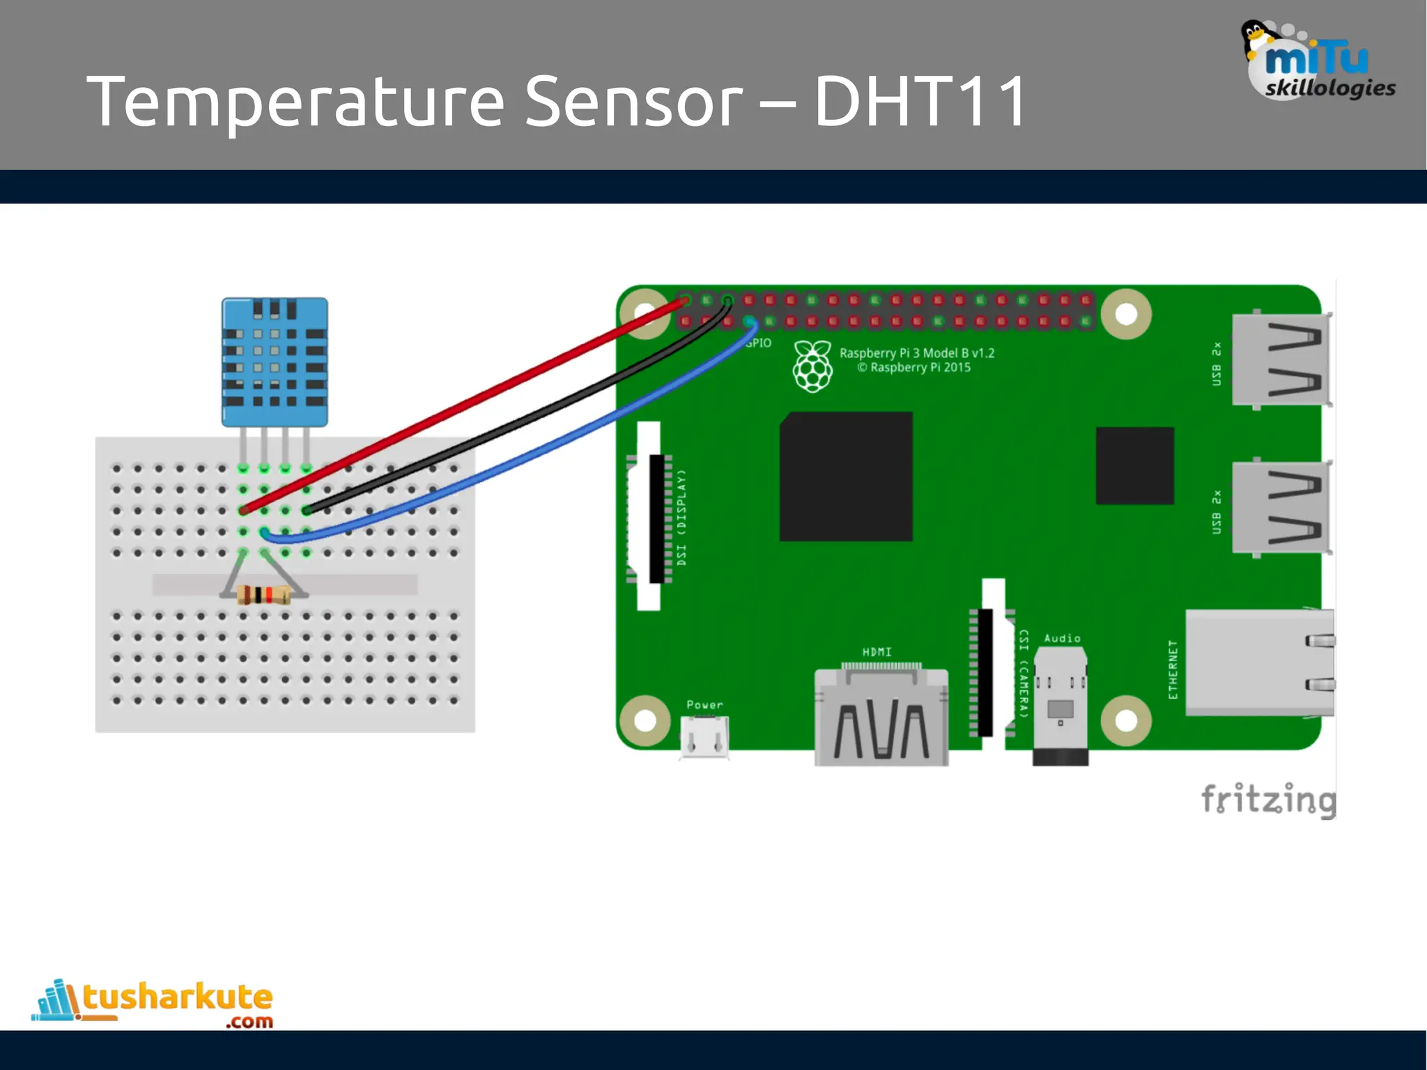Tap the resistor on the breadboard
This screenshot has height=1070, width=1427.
[x=263, y=595]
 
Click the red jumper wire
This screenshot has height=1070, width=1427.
[x=460, y=404]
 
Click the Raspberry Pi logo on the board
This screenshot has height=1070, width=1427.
[x=812, y=366]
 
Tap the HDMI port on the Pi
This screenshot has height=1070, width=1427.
[x=881, y=718]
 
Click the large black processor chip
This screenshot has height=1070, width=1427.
[x=846, y=476]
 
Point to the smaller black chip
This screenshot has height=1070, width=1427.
[x=1134, y=465]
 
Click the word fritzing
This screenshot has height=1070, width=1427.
[x=1268, y=799]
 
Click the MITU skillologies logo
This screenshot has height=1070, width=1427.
[x=1317, y=63]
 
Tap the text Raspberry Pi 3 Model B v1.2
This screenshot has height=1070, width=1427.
[x=917, y=353]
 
